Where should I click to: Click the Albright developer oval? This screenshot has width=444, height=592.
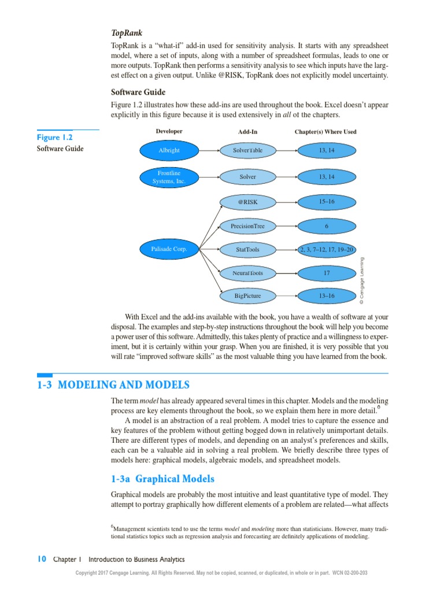point(169,151)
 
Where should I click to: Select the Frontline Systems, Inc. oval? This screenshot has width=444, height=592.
point(169,177)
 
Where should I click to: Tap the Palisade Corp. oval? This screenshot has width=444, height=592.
point(169,250)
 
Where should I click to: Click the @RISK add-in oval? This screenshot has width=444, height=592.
point(247,202)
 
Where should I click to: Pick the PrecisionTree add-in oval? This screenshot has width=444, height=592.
point(247,226)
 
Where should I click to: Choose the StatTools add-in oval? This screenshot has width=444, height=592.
point(247,250)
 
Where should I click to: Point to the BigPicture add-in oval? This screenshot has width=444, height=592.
point(247,296)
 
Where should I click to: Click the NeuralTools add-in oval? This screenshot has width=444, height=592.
point(247,272)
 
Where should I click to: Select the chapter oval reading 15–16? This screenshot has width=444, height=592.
point(327,202)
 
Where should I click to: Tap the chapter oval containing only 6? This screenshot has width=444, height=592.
point(327,226)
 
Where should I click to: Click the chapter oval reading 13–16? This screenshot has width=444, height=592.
point(327,296)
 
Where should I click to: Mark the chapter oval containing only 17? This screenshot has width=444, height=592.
point(327,272)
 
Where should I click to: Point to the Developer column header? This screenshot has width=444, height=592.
point(169,131)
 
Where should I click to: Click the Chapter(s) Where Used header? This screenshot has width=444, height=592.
point(325,132)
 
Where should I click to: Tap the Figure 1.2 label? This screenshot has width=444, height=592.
point(55,138)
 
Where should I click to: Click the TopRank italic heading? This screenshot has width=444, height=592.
point(127,33)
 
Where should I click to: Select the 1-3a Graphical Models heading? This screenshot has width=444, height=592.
point(162,479)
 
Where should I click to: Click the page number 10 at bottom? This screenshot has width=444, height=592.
point(41,559)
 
